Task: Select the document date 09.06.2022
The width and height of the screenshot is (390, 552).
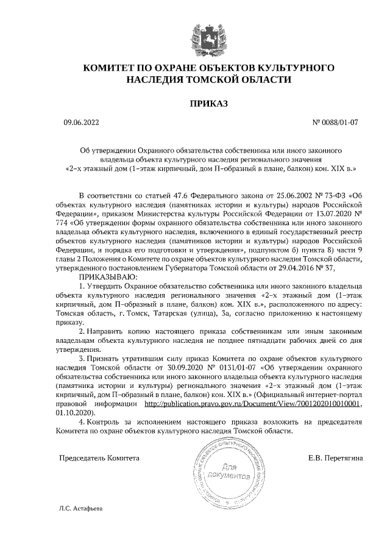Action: click(80, 123)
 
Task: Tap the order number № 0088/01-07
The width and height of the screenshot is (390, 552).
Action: click(335, 123)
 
